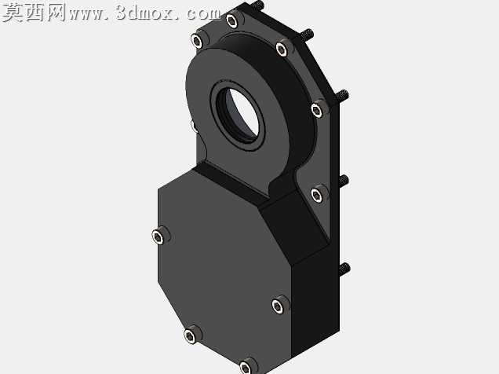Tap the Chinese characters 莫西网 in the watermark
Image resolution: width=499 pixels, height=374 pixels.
click(34, 13)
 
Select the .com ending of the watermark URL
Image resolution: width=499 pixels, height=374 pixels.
click(200, 13)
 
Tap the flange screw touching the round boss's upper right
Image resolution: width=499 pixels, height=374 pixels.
click(282, 49)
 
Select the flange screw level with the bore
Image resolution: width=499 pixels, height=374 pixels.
click(318, 110)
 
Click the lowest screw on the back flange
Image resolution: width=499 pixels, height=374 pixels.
click(317, 194)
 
